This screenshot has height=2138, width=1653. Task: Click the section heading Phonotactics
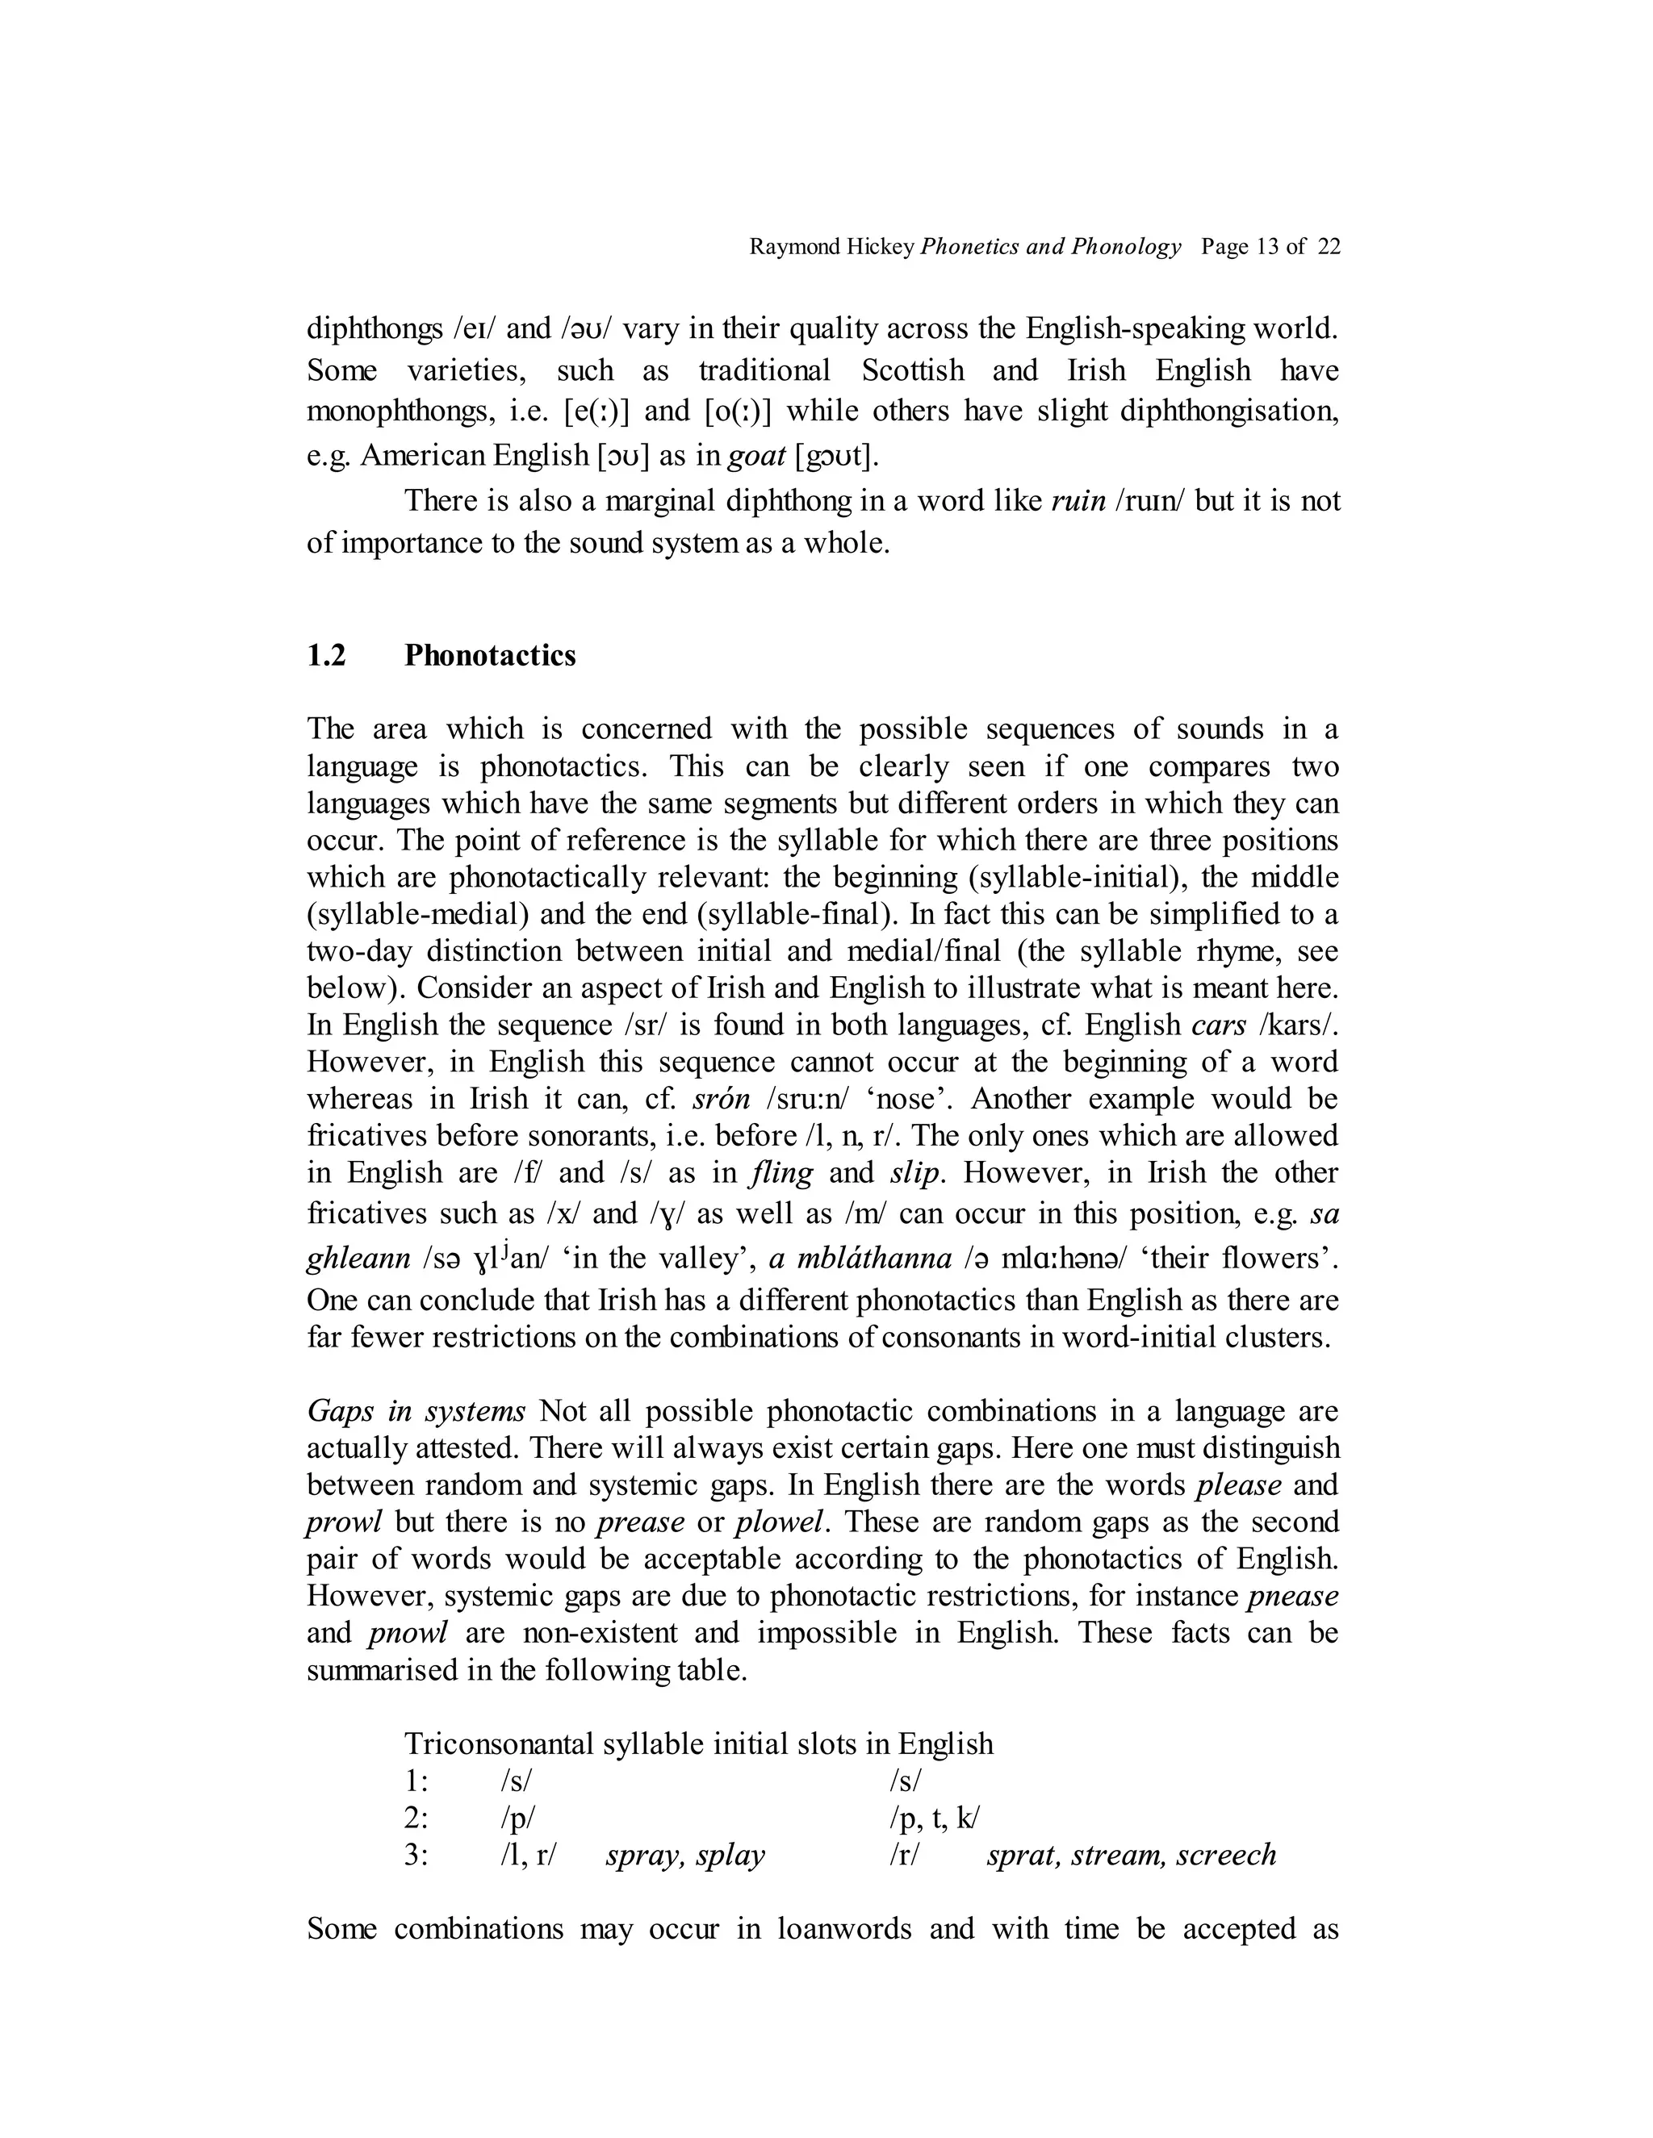pyautogui.click(x=490, y=655)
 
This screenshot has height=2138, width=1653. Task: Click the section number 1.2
pyautogui.click(x=326, y=655)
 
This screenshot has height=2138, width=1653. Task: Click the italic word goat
pyautogui.click(x=759, y=455)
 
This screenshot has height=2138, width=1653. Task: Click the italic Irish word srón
pyautogui.click(x=721, y=1098)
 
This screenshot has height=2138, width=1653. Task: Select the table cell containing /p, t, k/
pyautogui.click(x=934, y=1818)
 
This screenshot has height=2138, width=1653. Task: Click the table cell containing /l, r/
pyautogui.click(x=528, y=1855)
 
